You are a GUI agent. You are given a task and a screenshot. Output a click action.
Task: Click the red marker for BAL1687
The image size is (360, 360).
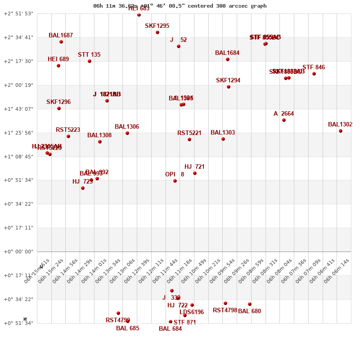tap(61, 42)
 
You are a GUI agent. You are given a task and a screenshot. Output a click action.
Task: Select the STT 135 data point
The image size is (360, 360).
tap(90, 61)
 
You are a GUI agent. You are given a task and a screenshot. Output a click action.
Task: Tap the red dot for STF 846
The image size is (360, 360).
tap(314, 74)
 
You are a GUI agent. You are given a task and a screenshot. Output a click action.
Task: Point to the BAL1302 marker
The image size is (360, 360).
tap(341, 131)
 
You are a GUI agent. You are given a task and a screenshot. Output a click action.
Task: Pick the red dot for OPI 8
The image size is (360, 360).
tap(175, 181)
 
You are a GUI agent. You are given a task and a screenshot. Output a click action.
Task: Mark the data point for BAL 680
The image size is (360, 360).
tap(250, 304)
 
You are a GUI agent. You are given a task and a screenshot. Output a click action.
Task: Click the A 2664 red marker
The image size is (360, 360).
tap(284, 120)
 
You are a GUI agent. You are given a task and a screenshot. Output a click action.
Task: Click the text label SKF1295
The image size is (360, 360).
tap(157, 26)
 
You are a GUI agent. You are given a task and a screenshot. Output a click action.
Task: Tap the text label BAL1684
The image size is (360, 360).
tap(227, 53)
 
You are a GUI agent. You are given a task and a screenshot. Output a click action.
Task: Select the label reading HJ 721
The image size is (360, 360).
tap(194, 167)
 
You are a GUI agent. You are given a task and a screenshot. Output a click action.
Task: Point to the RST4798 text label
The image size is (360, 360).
tap(225, 310)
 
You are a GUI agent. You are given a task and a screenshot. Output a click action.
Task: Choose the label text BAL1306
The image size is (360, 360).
tap(127, 127)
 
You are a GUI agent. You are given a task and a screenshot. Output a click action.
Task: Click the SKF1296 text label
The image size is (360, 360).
tap(58, 102)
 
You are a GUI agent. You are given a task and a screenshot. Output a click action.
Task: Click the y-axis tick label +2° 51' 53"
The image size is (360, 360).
tap(18, 13)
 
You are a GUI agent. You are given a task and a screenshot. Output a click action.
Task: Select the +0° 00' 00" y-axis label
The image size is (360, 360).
tap(18, 252)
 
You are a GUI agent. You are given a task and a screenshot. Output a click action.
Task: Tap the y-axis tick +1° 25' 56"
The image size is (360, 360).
tap(18, 133)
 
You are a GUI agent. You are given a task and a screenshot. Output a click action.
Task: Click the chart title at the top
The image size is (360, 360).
tap(180, 6)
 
